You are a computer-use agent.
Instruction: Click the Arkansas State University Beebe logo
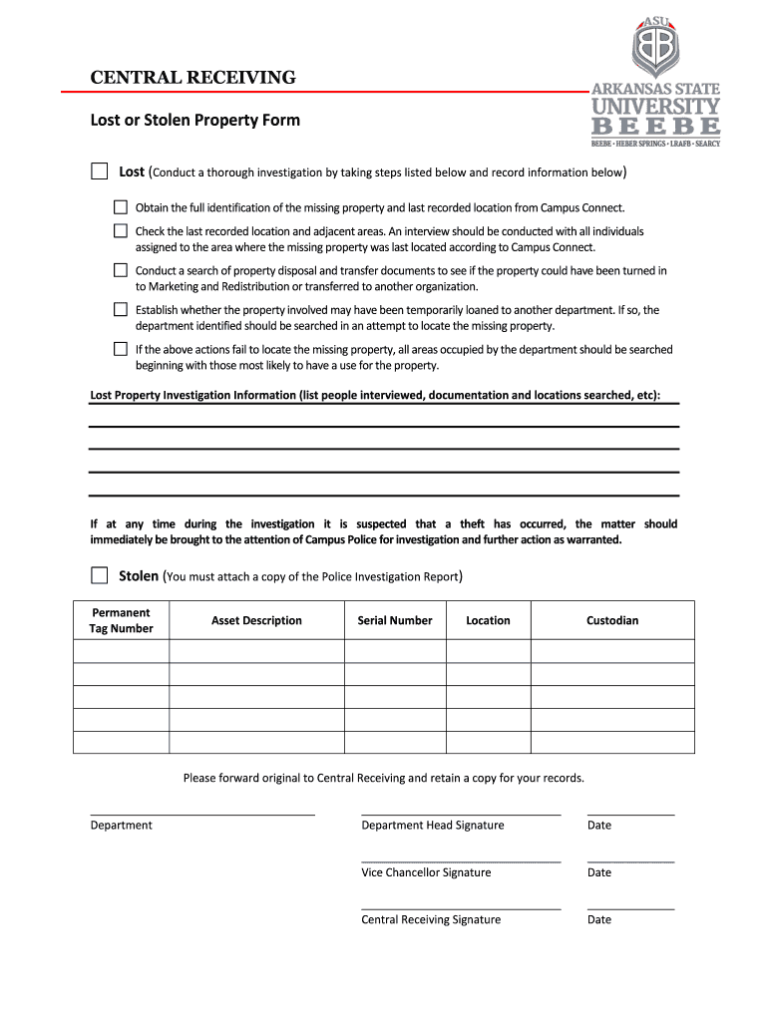[x=655, y=83]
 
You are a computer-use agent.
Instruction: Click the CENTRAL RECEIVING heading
[x=193, y=78]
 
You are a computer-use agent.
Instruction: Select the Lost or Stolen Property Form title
[x=194, y=121]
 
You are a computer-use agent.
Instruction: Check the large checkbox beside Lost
[x=99, y=171]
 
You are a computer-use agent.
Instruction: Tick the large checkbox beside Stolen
[x=99, y=575]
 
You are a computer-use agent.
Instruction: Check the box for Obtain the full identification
[x=121, y=207]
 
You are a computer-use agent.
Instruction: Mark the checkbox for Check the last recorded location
[x=121, y=231]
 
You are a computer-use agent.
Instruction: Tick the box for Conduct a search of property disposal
[x=121, y=270]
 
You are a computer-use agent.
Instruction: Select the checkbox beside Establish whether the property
[x=121, y=310]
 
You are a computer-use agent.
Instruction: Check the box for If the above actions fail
[x=121, y=349]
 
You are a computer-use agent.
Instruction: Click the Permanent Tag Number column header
[x=122, y=620]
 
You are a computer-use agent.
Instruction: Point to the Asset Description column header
[x=256, y=620]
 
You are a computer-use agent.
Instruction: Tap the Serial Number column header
[x=395, y=620]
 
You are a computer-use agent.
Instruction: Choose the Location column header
[x=488, y=620]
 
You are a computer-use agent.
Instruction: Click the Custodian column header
[x=612, y=620]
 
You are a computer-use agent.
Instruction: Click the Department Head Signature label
[x=433, y=826]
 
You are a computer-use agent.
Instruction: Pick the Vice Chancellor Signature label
[x=426, y=872]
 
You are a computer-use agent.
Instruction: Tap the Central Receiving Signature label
[x=431, y=919]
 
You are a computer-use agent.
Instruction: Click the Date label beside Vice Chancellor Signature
[x=599, y=872]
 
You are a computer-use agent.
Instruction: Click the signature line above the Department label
[x=202, y=815]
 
